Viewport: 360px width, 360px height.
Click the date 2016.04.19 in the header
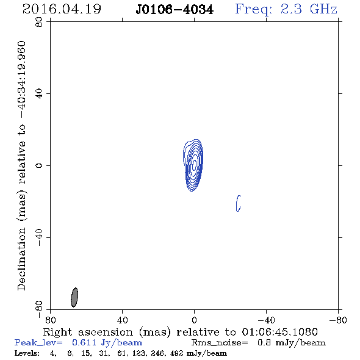(x=62, y=9)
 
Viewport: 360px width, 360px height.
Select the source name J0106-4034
(x=175, y=10)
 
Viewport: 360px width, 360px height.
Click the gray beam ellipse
(x=74, y=297)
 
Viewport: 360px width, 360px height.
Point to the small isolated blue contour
(x=237, y=203)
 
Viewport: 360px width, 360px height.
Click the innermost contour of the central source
(x=194, y=165)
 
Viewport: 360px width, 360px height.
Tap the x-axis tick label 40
(x=122, y=320)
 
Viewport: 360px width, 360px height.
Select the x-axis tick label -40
(x=266, y=320)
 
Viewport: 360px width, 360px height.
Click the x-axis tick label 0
(x=194, y=320)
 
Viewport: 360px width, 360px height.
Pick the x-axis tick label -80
(x=338, y=320)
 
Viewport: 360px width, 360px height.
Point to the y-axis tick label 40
(x=39, y=94)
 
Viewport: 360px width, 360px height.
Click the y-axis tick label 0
(x=39, y=165)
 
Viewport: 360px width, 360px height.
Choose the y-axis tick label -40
(x=39, y=237)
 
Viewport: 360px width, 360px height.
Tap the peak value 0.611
(x=84, y=342)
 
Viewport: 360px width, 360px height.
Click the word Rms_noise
(x=220, y=342)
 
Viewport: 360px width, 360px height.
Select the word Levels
(x=27, y=353)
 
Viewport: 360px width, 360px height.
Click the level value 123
(x=139, y=353)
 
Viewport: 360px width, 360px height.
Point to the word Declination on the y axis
(x=21, y=259)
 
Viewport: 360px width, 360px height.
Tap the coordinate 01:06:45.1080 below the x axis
(x=279, y=332)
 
